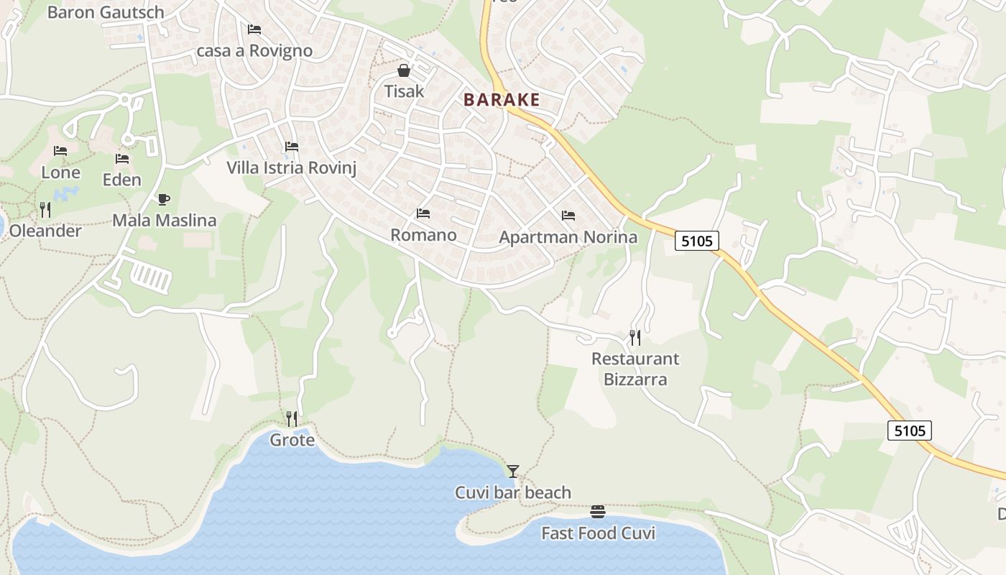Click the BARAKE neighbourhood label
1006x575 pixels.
coord(502,99)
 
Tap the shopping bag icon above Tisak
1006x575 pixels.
coord(404,70)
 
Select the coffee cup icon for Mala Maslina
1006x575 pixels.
coord(164,199)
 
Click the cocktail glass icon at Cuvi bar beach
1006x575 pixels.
coord(512,471)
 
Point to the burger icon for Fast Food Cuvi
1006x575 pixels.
coord(598,512)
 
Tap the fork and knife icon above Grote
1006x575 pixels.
coord(292,418)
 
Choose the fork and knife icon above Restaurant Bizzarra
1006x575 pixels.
coord(635,337)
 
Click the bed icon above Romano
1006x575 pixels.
coord(423,213)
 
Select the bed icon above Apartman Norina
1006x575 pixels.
coord(568,215)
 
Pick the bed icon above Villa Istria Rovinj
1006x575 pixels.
coord(292,147)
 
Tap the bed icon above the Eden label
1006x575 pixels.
coord(122,158)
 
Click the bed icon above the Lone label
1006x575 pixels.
coord(60,151)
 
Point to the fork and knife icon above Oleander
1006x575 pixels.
coord(45,209)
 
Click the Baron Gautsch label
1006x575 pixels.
coord(106,12)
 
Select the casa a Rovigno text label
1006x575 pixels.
coord(254,51)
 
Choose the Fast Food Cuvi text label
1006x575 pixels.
coord(598,533)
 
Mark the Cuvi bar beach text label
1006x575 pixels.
coord(513,493)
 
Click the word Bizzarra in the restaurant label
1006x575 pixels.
coord(635,379)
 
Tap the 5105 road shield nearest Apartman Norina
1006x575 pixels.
coord(697,241)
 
